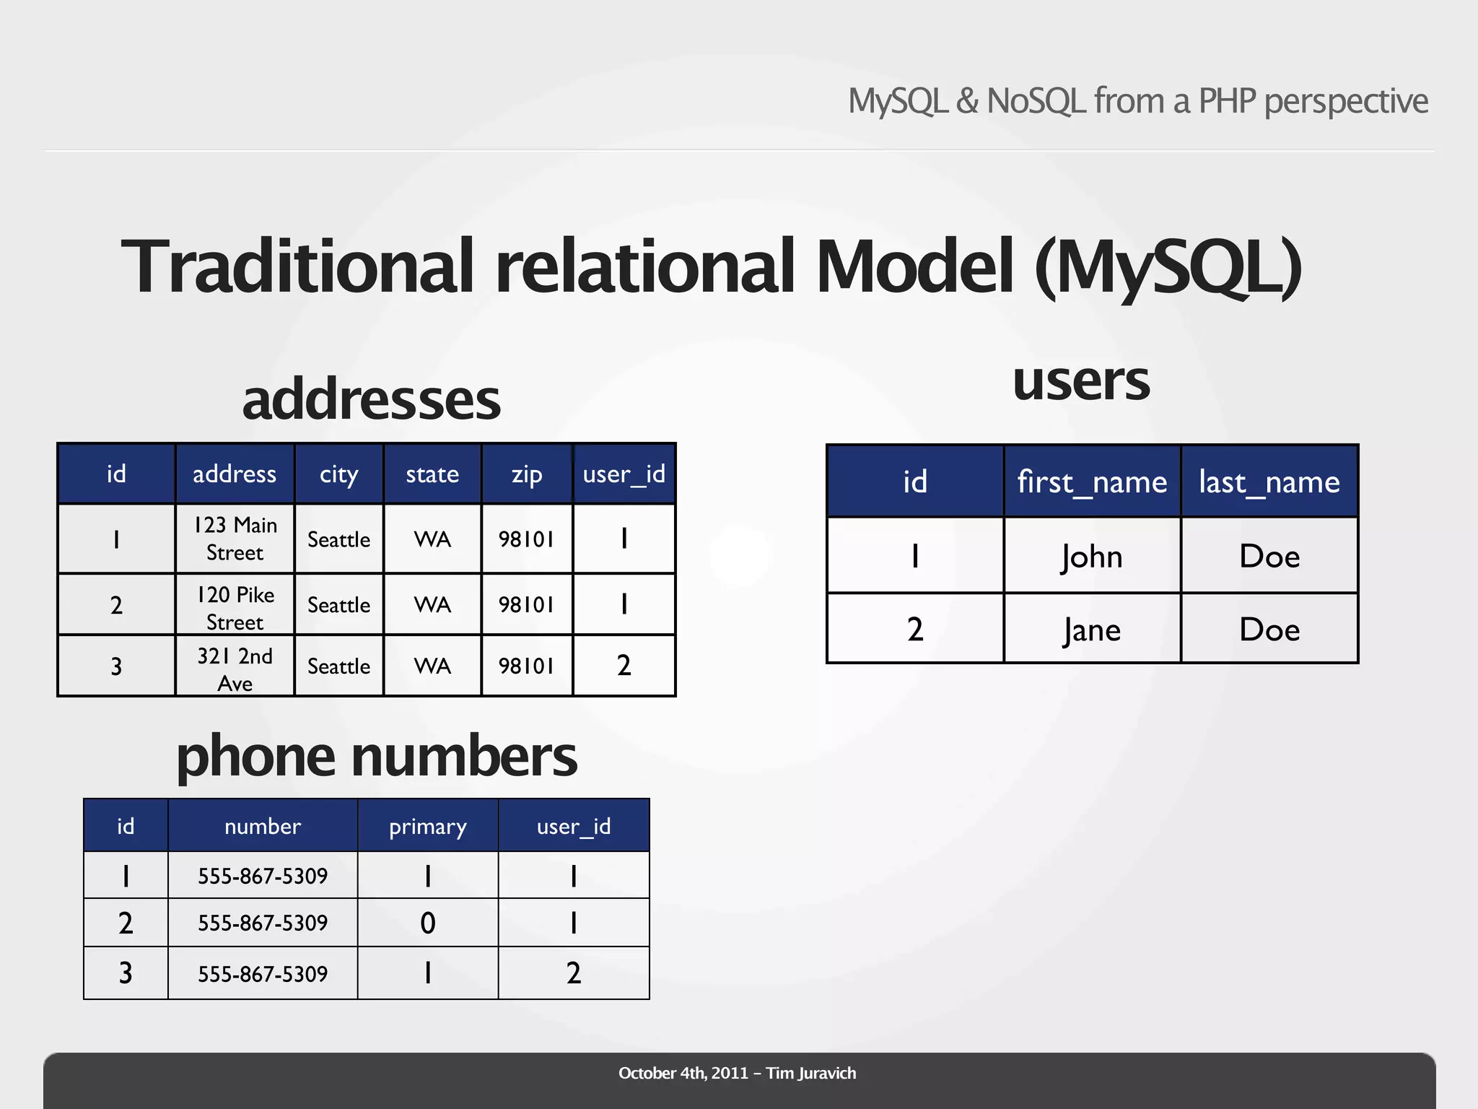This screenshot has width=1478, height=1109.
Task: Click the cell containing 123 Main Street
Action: tap(235, 539)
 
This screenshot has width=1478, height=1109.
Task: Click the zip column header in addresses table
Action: tap(527, 474)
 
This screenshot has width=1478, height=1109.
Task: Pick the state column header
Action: tap(432, 474)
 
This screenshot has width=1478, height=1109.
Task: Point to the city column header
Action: tap(338, 474)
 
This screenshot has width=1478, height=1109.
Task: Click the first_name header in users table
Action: tap(1092, 482)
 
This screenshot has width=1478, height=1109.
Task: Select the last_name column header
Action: tap(1269, 482)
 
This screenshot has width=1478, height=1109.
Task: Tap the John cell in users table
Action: tap(1092, 557)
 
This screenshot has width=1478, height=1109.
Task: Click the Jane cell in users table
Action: tap(1092, 630)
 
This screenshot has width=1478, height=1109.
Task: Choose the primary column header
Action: tap(428, 826)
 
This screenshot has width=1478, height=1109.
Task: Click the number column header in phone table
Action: tap(263, 826)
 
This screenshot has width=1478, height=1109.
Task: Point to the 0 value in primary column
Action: tap(428, 923)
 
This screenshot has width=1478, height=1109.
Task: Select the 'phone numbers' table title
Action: tap(377, 757)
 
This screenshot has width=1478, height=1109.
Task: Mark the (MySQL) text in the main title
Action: tap(1168, 267)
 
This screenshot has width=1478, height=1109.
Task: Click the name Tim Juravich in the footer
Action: tap(811, 1073)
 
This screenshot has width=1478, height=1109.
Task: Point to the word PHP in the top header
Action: tap(1227, 101)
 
